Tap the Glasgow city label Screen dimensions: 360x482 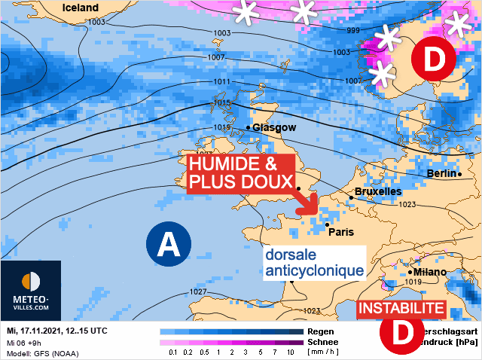[274, 127]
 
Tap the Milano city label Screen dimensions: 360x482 [429, 272]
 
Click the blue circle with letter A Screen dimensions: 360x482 [169, 243]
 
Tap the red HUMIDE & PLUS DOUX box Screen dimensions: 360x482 [230, 173]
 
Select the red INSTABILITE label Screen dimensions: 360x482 [401, 309]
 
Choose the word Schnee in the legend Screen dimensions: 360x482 [324, 342]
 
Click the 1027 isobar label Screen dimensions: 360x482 [198, 291]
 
